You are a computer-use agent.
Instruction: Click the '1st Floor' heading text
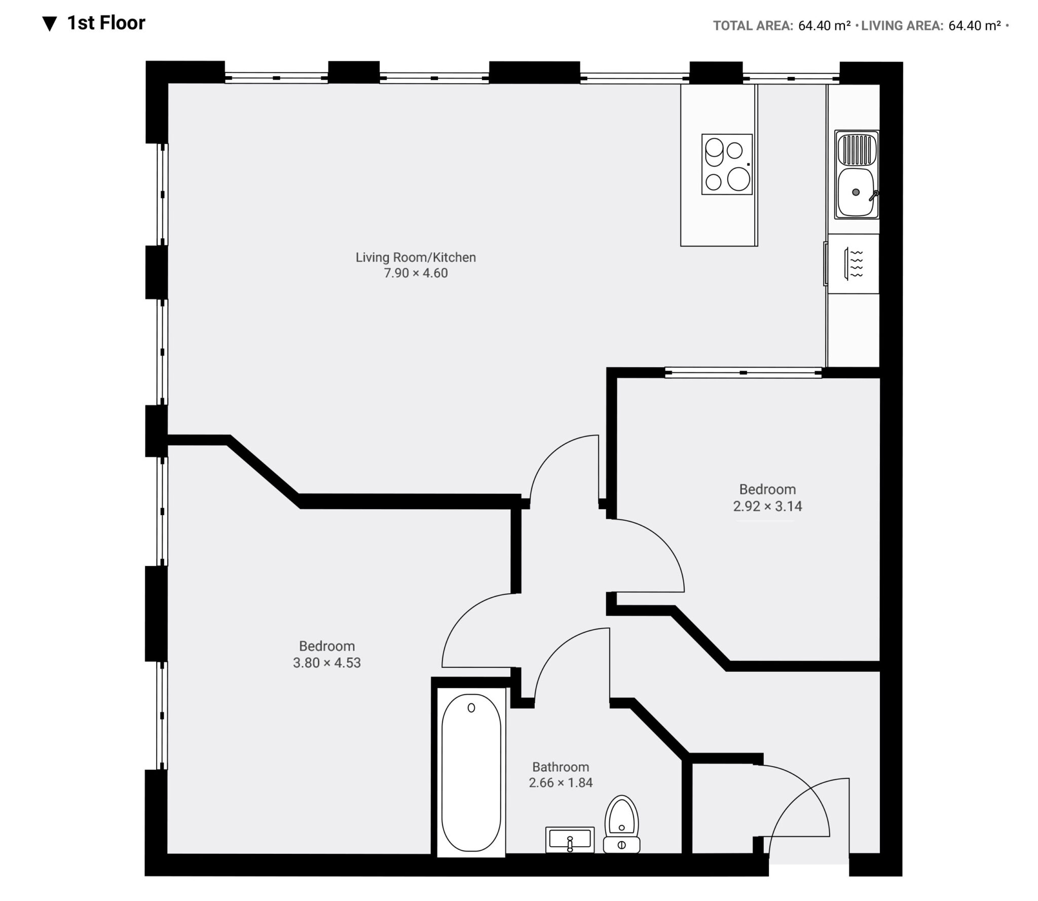[x=106, y=23]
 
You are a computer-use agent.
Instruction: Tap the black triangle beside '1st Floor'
[x=50, y=24]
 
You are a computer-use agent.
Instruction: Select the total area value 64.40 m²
[x=824, y=25]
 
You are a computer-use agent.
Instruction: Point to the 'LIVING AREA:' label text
[x=902, y=25]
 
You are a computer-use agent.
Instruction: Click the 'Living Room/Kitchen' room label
[x=416, y=257]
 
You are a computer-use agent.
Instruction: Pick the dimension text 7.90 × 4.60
[x=416, y=273]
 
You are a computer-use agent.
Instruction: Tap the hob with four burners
[x=727, y=164]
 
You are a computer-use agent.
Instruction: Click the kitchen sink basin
[x=857, y=192]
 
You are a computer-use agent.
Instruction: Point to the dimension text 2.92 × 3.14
[x=767, y=506]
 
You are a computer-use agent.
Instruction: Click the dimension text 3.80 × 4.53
[x=327, y=663]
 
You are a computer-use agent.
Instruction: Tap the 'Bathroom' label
[x=561, y=767]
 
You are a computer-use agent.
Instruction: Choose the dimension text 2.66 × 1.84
[x=561, y=783]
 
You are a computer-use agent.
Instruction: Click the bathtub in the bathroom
[x=471, y=772]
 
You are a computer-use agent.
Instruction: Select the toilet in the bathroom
[x=622, y=824]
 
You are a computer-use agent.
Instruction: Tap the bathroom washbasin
[x=570, y=840]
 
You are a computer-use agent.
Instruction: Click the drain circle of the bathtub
[x=471, y=708]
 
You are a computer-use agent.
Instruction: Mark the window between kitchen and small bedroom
[x=743, y=373]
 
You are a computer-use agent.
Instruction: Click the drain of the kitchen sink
[x=856, y=192]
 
